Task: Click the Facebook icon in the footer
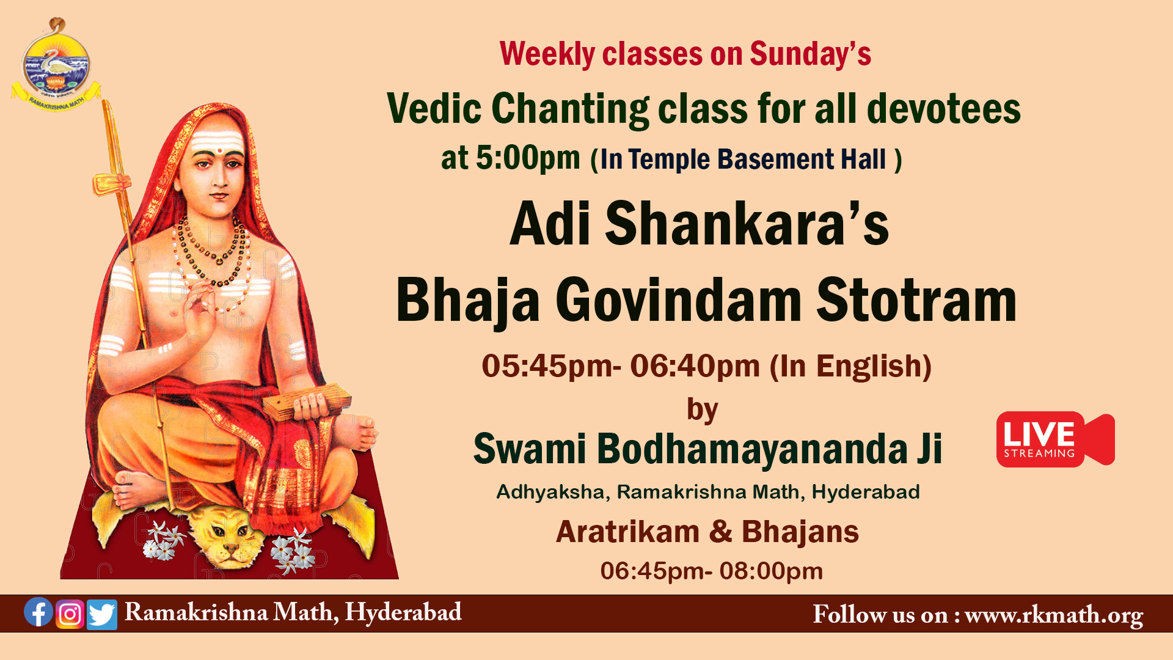point(38,612)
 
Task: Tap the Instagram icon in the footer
point(70,614)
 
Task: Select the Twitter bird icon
point(102,615)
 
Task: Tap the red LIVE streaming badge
point(1055,439)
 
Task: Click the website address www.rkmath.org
point(1054,615)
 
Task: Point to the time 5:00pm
point(528,158)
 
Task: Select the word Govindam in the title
point(678,300)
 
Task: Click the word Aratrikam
point(627,532)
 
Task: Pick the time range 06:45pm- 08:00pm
point(712,571)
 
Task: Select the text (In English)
point(850,367)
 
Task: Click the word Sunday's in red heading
point(810,54)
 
